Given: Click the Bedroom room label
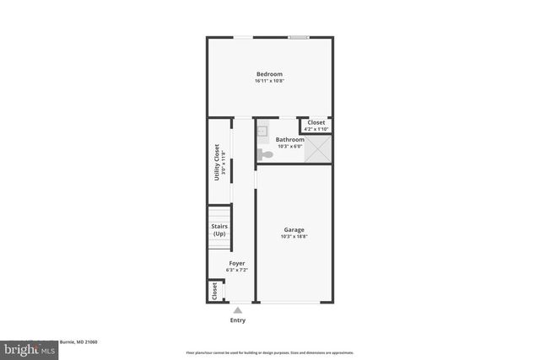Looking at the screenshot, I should click(x=269, y=74).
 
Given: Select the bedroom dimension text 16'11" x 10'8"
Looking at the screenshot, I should click(x=269, y=82).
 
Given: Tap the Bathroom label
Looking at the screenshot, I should click(x=289, y=139).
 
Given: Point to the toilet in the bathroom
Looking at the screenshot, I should click(x=264, y=154).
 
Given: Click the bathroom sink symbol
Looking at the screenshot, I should click(x=262, y=131).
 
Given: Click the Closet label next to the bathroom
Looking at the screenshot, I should click(x=316, y=122).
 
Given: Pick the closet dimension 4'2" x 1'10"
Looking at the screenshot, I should click(x=316, y=129).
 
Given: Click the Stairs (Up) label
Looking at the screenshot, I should click(x=219, y=229).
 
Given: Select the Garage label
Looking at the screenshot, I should click(x=294, y=229).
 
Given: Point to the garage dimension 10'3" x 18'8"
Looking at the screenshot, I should click(x=294, y=237).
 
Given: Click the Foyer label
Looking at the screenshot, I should click(x=237, y=263).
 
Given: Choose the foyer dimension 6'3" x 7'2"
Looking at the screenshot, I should click(x=237, y=271).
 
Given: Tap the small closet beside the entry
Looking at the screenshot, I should click(x=214, y=291).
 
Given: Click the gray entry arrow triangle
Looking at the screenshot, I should click(x=238, y=310).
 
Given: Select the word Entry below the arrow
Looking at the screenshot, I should click(x=238, y=320).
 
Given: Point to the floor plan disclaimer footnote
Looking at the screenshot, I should click(x=270, y=352).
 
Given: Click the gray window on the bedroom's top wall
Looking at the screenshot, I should click(x=298, y=36).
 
